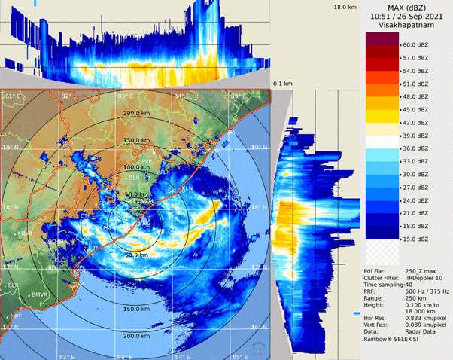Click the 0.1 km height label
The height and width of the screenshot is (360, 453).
pos(282,84)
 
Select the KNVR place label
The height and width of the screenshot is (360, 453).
pos(25,234)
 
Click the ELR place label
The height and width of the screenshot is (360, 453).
pos(13,285)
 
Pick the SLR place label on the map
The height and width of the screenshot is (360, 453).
pos(135,178)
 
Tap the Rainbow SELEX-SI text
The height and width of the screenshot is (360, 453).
pos(399,338)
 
